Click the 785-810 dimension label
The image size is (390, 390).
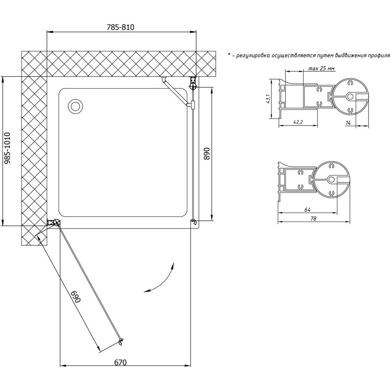click(121, 27)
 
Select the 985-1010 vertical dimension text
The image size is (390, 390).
click(7, 148)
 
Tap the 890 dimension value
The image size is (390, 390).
click(207, 154)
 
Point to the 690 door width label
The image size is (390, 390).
click(76, 297)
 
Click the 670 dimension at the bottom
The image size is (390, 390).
click(121, 362)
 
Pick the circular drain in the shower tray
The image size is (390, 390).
click(75, 106)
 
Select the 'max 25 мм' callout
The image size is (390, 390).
click(321, 68)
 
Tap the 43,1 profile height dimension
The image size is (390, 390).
click(268, 99)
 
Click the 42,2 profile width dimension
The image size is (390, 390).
click(298, 122)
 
